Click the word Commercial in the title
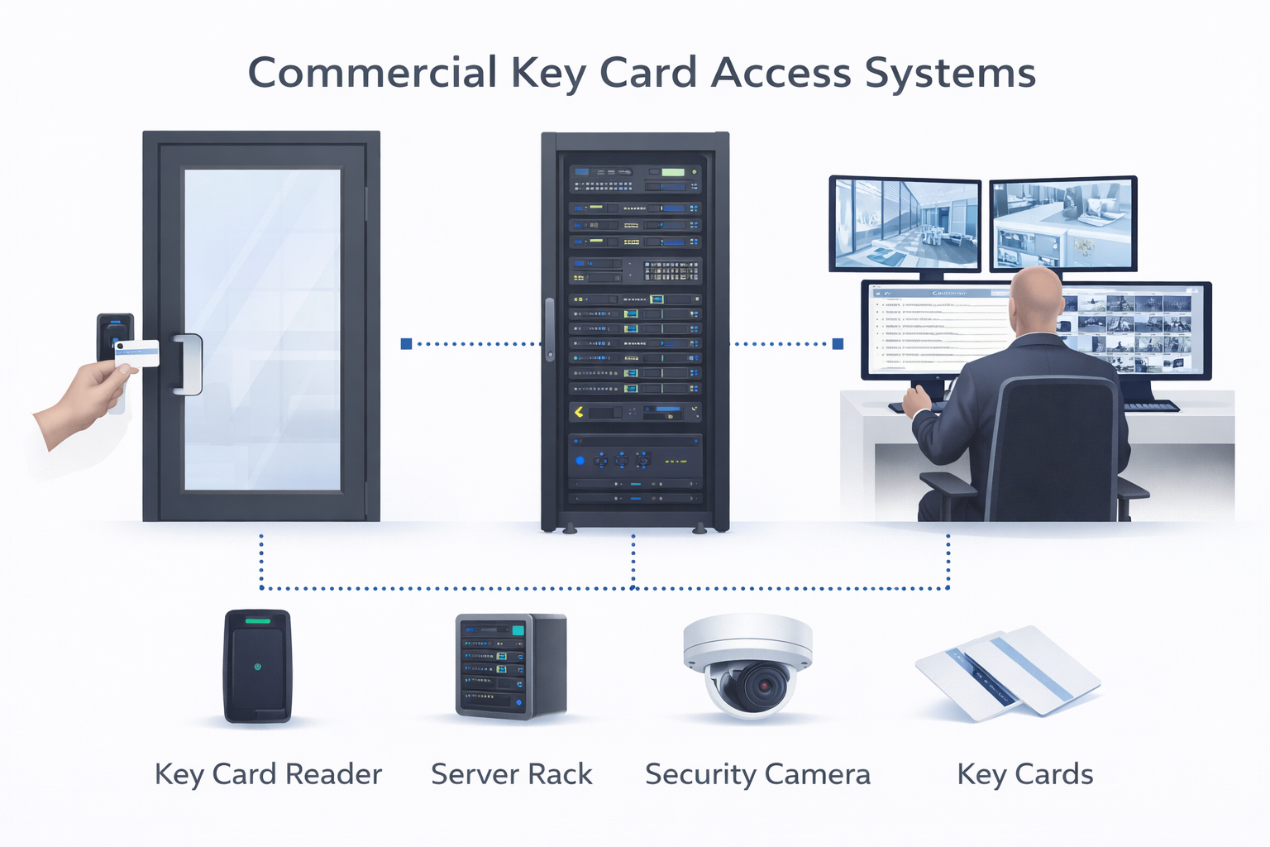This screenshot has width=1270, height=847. pos(371,73)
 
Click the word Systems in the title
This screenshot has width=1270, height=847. pos(950,74)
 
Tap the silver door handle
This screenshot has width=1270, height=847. pos(189,364)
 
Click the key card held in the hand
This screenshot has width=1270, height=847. pos(137,353)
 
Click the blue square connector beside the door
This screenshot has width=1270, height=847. pos(406,343)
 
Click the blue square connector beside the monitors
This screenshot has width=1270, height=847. pos(838,343)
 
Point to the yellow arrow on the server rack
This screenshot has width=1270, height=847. pos(579,411)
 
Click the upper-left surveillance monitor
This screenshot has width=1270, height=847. pos(905,224)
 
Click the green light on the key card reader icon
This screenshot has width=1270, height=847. pos(257,620)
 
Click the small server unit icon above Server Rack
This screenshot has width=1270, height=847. pos(510,665)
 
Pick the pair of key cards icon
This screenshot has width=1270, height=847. pos(1007,671)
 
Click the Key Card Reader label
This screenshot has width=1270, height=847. pos(268,775)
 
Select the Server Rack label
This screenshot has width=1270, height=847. pos(511,775)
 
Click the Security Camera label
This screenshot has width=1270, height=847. pos(757,775)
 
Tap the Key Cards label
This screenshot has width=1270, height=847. pos(1024,775)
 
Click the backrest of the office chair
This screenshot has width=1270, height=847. pos(1054,447)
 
